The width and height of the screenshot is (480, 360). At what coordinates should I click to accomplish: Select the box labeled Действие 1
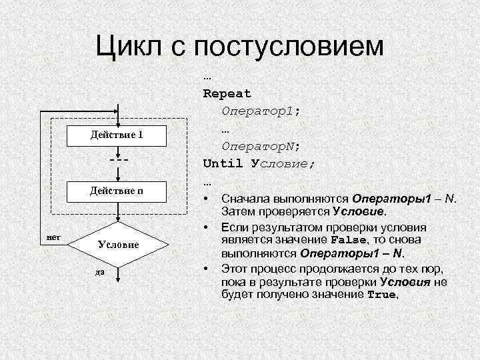pos(117,135)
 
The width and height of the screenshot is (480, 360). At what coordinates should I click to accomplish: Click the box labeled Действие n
pos(117,192)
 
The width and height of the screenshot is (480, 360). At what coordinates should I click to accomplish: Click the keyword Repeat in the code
pos(227,93)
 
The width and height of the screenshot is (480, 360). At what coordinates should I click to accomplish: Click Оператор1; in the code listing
pos(261,111)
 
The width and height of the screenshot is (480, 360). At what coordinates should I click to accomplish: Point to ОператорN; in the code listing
pos(261,145)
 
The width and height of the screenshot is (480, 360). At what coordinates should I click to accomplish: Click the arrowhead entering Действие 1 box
pos(117,121)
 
